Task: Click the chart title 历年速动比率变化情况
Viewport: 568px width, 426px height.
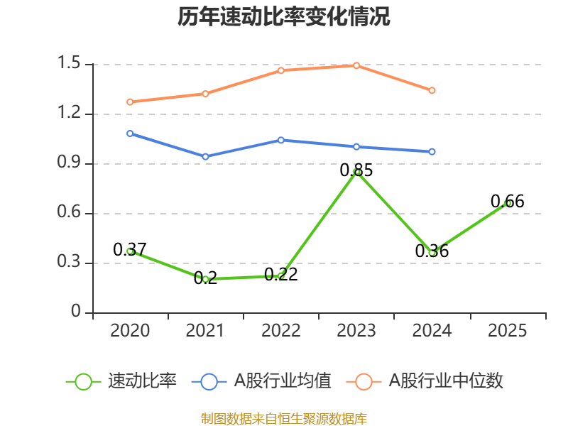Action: [284, 17]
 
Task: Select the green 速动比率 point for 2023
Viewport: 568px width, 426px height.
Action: [357, 172]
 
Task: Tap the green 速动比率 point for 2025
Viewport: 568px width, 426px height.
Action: [508, 203]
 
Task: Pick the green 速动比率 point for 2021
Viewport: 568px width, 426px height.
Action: [206, 279]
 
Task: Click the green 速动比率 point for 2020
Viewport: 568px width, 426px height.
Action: [130, 251]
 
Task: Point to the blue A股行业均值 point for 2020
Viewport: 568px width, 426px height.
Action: [130, 133]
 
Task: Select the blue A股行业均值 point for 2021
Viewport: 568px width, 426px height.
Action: [206, 156]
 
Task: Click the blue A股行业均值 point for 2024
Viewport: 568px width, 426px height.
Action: [432, 151]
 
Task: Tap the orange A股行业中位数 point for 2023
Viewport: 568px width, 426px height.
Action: [357, 65]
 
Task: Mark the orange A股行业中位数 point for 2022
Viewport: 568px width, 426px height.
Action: [281, 70]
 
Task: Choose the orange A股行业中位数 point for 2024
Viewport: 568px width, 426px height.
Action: [432, 90]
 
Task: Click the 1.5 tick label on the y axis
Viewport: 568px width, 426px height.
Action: [71, 64]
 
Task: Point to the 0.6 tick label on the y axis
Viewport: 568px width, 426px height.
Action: [71, 213]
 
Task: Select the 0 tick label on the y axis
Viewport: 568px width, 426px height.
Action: [77, 312]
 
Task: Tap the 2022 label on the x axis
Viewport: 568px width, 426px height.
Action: [281, 331]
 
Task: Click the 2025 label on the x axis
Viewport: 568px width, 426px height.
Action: [508, 331]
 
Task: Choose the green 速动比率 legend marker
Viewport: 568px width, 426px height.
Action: [84, 381]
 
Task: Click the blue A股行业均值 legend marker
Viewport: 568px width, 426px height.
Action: [209, 381]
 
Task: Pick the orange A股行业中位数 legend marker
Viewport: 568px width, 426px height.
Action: [364, 381]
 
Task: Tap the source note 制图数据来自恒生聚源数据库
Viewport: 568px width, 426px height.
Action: [284, 418]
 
